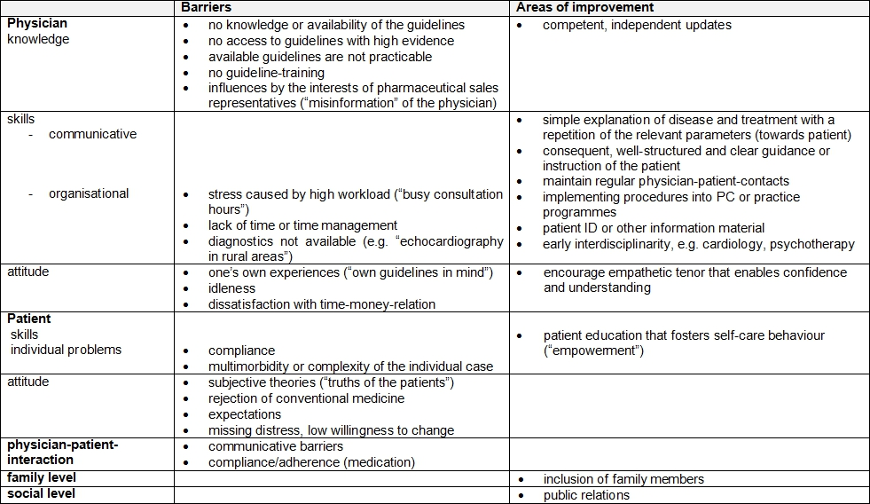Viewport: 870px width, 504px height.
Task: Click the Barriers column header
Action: click(207, 8)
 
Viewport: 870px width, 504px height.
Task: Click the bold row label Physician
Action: click(37, 24)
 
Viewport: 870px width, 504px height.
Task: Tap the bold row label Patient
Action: click(29, 319)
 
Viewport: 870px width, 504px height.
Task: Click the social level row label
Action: click(42, 493)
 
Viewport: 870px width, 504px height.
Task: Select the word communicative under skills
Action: click(93, 135)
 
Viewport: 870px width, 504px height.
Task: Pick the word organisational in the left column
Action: click(89, 193)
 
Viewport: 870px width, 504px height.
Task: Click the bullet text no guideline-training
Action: click(266, 73)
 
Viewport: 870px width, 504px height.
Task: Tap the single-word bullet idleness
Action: click(232, 288)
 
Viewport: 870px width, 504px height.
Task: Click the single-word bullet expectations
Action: click(245, 414)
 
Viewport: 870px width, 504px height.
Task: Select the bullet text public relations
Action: click(586, 495)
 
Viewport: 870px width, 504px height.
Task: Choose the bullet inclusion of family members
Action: click(623, 479)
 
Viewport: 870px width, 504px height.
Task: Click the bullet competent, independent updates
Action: click(637, 25)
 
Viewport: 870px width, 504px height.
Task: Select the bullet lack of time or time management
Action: click(302, 225)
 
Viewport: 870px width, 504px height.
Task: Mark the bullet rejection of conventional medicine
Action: click(306, 398)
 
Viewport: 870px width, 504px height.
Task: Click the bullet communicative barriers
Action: click(275, 446)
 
